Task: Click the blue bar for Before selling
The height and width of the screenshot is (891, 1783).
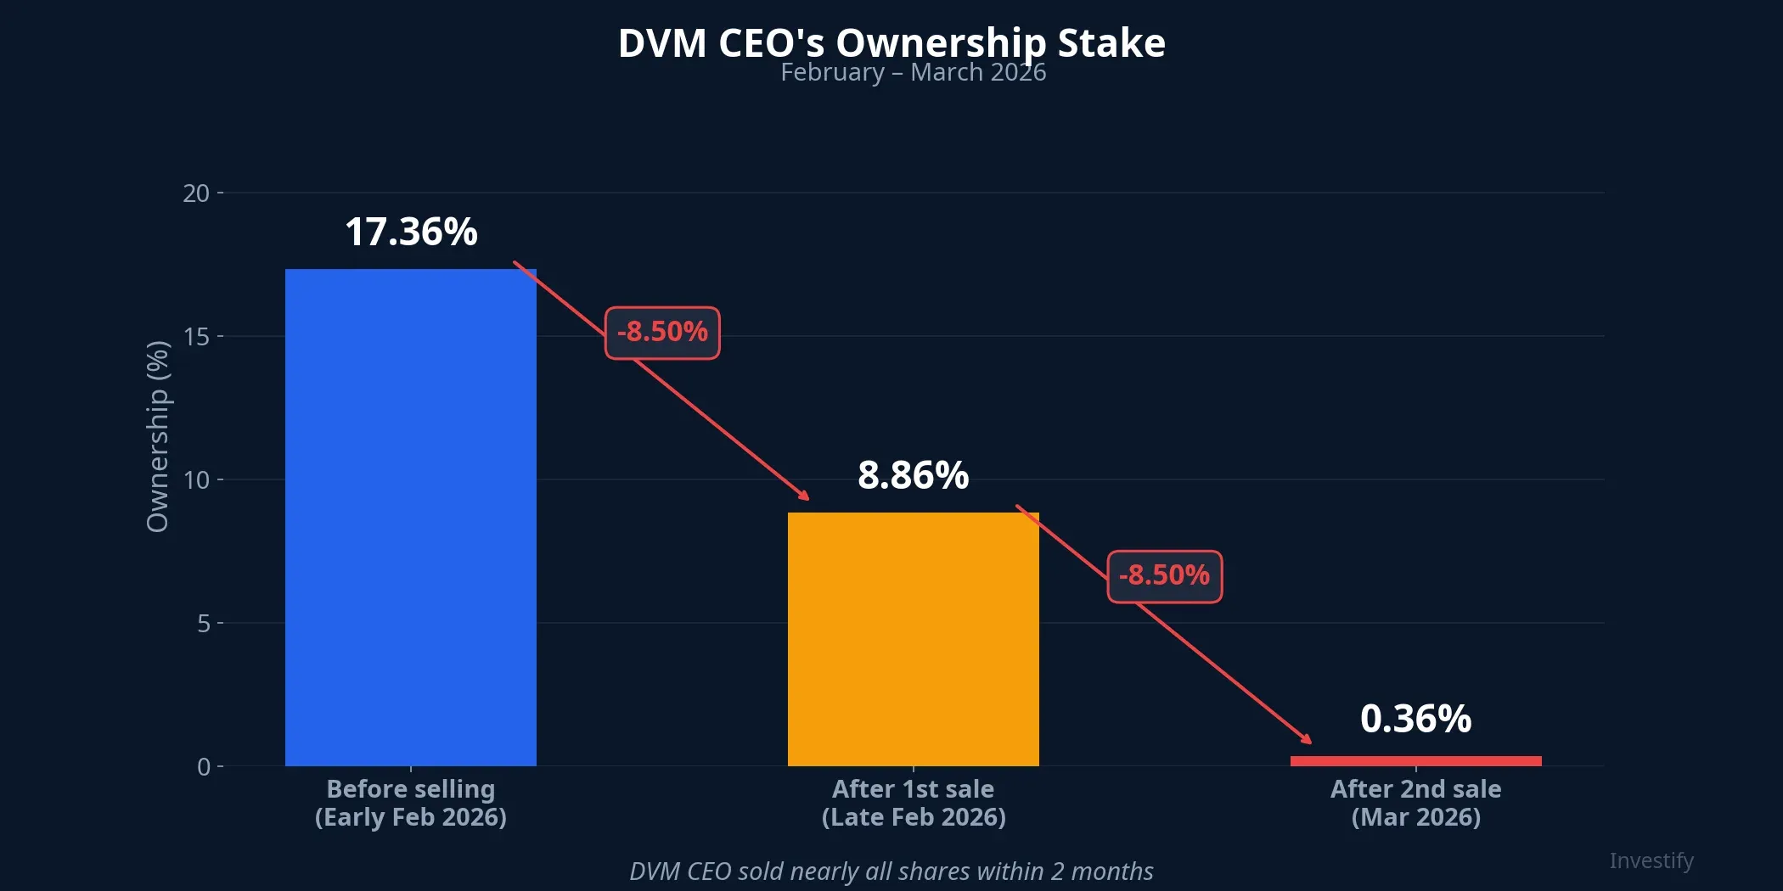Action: (x=410, y=518)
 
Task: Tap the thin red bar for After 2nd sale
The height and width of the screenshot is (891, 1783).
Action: (x=1415, y=761)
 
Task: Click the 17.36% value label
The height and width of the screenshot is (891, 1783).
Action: (x=411, y=232)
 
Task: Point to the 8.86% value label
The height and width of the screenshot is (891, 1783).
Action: (x=913, y=475)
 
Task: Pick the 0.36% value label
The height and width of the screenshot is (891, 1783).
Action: (x=1415, y=719)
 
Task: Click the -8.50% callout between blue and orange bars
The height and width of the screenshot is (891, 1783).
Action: (x=662, y=332)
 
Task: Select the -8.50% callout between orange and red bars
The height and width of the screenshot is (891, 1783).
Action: (x=1164, y=576)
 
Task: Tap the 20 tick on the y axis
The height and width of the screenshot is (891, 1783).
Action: (x=196, y=193)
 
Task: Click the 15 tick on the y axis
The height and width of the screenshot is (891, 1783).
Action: (x=196, y=337)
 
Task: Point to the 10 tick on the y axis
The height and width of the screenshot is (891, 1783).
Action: (x=196, y=480)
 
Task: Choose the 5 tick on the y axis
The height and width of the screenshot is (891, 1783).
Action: (x=203, y=624)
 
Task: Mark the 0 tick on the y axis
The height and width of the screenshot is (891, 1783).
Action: (x=203, y=767)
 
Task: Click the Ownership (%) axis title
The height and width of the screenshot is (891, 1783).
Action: (x=158, y=436)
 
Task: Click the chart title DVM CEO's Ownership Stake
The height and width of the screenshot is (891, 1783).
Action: (x=891, y=42)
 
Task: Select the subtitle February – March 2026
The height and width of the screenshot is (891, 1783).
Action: (x=913, y=73)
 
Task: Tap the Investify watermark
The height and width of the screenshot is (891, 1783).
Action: (x=1651, y=860)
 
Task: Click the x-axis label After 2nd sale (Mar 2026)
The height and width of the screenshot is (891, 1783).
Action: (x=1415, y=803)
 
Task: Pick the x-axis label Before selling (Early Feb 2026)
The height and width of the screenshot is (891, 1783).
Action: (x=410, y=803)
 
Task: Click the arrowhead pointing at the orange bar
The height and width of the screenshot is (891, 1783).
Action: (x=804, y=496)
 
